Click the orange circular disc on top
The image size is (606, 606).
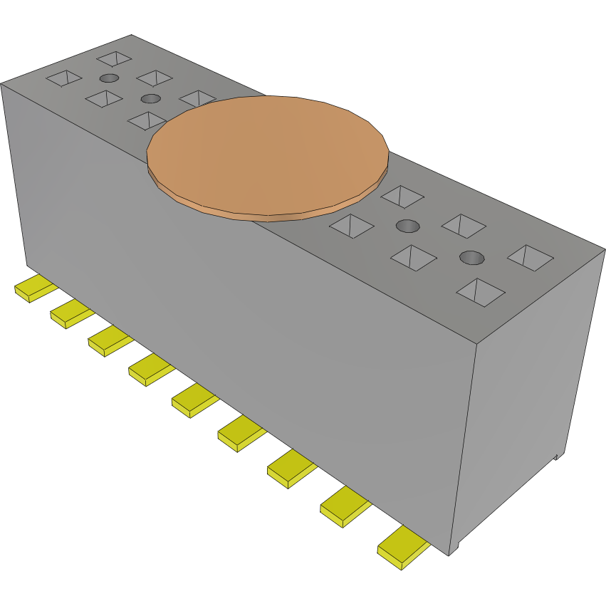click(x=267, y=153)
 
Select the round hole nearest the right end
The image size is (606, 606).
click(x=471, y=257)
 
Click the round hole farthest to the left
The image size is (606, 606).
click(x=108, y=78)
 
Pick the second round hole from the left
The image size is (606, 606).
click(x=150, y=98)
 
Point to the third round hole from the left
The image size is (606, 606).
click(x=407, y=226)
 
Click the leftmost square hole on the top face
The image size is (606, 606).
click(x=64, y=78)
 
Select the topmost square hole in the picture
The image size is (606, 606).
click(x=115, y=58)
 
